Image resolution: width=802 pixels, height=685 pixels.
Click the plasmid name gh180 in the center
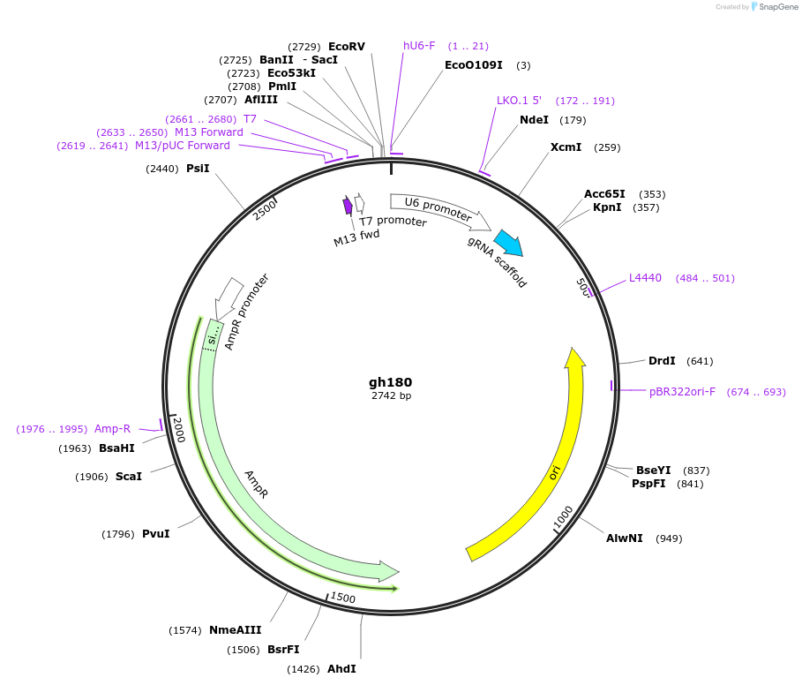pyautogui.click(x=390, y=382)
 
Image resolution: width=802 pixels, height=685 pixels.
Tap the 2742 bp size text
pyautogui.click(x=391, y=396)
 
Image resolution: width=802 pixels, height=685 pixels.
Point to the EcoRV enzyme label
pyautogui.click(x=346, y=47)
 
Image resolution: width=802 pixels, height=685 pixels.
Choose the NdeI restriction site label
pyautogui.click(x=534, y=120)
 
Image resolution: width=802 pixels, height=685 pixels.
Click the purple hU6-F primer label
pyautogui.click(x=419, y=46)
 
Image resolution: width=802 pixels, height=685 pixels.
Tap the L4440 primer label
pyautogui.click(x=645, y=278)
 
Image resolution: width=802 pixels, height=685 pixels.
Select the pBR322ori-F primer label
pyautogui.click(x=682, y=392)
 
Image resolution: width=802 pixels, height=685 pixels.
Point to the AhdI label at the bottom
pyautogui.click(x=341, y=669)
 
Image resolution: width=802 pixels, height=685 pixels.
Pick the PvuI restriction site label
pyautogui.click(x=155, y=534)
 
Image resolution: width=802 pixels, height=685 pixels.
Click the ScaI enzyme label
pyautogui.click(x=128, y=477)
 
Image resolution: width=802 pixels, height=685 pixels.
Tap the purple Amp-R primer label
pyautogui.click(x=112, y=429)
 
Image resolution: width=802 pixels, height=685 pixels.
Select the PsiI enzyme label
pyautogui.click(x=198, y=168)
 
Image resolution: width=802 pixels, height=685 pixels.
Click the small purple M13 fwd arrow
pyautogui.click(x=348, y=206)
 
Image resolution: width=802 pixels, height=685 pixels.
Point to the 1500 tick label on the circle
pyautogui.click(x=343, y=598)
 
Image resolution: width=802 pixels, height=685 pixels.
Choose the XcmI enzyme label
pyautogui.click(x=566, y=147)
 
